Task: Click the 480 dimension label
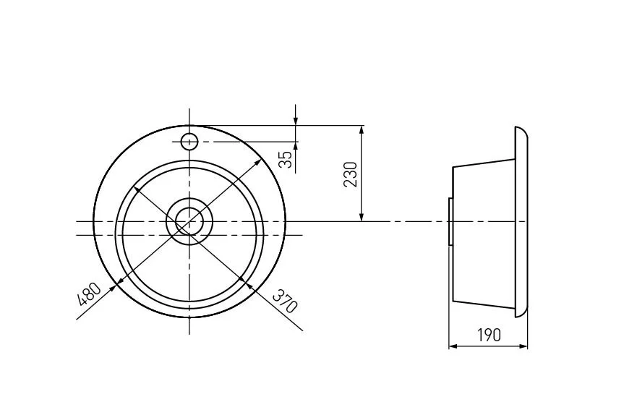pos(89,294)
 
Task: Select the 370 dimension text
pos(285,301)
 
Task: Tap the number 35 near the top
pos(286,159)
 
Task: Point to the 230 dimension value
pos(351,174)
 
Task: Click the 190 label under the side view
pos(489,335)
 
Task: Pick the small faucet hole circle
pos(189,142)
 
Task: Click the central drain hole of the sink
pos(189,221)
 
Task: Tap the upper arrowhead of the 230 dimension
pos(362,130)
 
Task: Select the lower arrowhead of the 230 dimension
pos(362,216)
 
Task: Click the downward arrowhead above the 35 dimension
pos(296,120)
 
